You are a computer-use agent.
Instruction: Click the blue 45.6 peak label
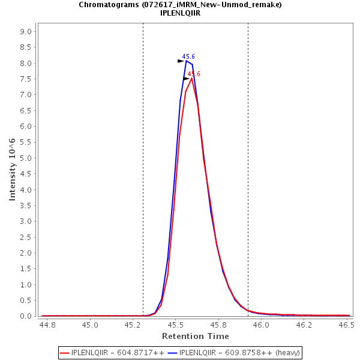[188, 56]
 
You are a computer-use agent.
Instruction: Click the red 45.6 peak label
[194, 74]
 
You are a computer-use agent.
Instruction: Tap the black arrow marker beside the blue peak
[181, 61]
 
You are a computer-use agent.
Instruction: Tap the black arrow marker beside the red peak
[186, 79]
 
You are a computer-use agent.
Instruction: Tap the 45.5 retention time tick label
[175, 325]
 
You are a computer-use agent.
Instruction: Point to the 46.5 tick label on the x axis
[346, 325]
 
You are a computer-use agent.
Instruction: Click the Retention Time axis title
[195, 336]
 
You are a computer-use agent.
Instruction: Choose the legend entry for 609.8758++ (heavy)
[235, 353]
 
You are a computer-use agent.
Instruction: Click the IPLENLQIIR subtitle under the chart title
[180, 13]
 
